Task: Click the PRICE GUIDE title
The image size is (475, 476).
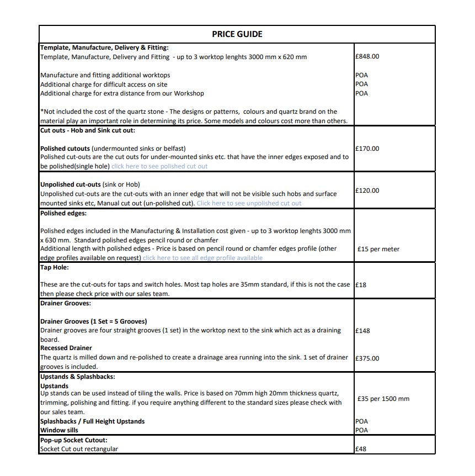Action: [237, 34]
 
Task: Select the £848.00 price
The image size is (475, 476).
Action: [367, 56]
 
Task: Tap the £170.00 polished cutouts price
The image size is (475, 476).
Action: [367, 149]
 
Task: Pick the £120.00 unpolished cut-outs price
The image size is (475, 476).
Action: [367, 191]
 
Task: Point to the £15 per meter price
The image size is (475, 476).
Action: [378, 249]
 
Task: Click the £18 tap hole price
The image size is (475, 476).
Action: [361, 285]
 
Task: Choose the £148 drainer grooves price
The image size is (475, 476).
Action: [363, 331]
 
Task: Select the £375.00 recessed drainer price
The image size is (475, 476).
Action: [367, 358]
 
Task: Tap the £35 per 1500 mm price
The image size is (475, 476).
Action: [383, 399]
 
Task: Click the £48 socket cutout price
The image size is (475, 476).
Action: [361, 449]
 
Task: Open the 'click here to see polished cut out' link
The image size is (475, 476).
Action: [159, 166]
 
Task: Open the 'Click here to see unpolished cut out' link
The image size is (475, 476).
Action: [249, 203]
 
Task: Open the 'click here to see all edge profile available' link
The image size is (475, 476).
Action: [202, 258]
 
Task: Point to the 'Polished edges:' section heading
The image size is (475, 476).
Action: [63, 213]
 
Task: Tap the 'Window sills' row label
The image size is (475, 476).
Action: [60, 430]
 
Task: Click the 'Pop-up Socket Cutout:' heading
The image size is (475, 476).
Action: [73, 440]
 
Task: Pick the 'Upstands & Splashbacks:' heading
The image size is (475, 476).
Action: [78, 377]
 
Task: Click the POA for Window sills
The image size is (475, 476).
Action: [362, 430]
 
